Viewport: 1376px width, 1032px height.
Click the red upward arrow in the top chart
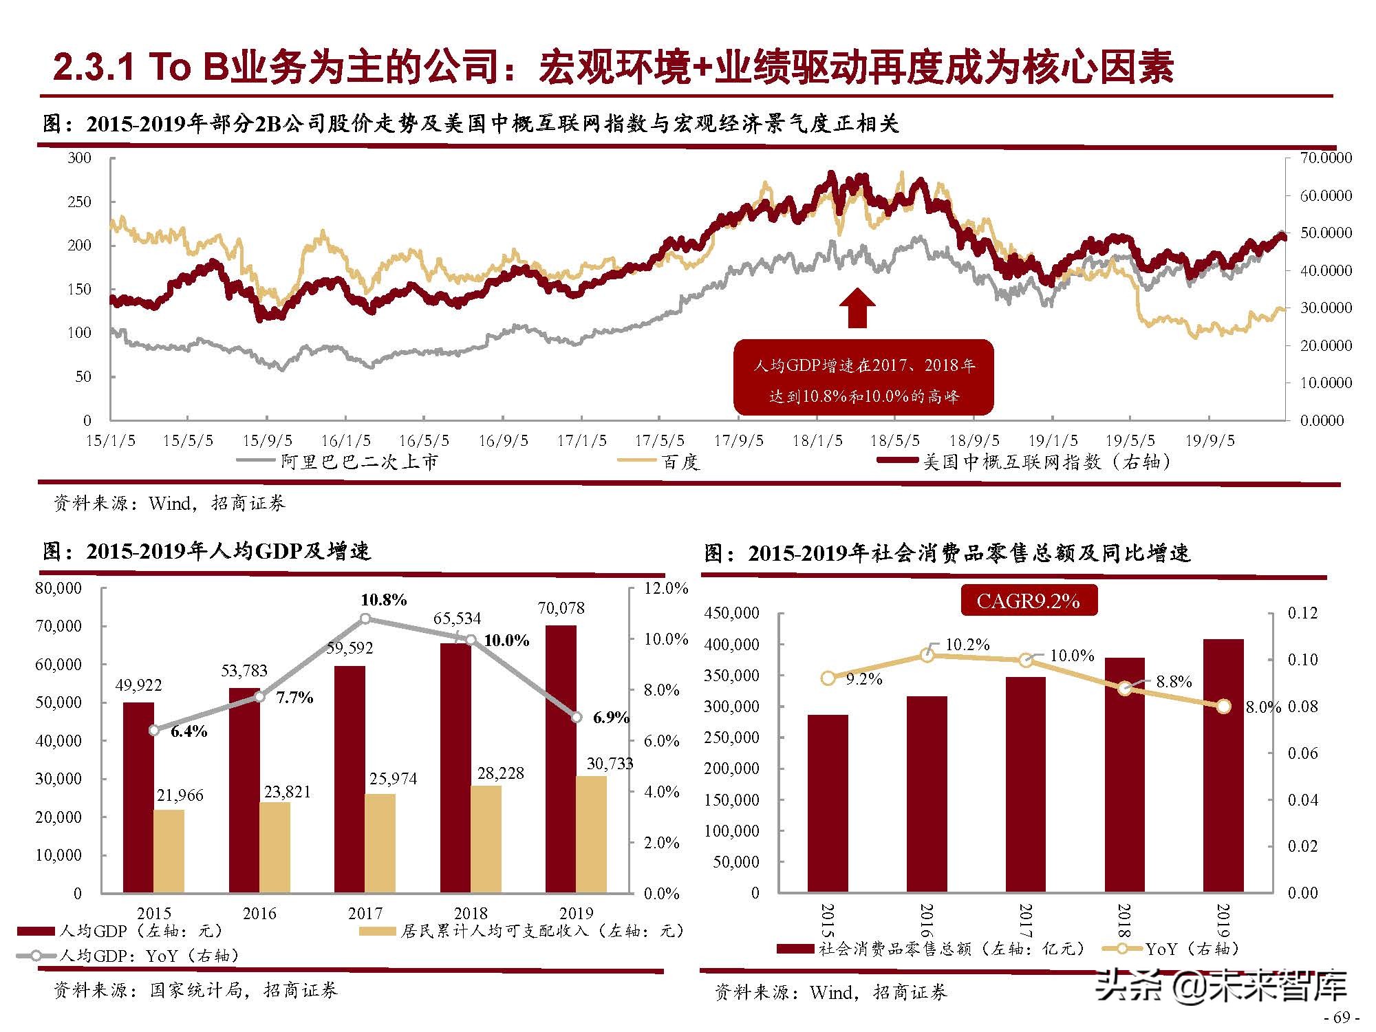[857, 308]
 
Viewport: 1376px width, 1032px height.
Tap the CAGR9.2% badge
[1028, 601]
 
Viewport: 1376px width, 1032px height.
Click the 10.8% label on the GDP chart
[383, 600]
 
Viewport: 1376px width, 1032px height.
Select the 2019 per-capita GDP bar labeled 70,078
[561, 757]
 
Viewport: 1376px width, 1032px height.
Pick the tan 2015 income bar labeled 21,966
[169, 851]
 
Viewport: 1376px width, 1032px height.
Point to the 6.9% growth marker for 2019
[577, 717]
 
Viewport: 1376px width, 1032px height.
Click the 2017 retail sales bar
[1025, 784]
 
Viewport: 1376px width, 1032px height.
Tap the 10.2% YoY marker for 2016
[927, 655]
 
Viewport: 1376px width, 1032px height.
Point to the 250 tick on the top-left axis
[79, 202]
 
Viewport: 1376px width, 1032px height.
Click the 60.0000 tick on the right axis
[1325, 195]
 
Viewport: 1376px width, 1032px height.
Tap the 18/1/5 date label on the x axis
[817, 440]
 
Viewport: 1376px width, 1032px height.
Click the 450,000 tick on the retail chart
[731, 613]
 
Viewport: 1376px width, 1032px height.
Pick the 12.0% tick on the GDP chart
[665, 588]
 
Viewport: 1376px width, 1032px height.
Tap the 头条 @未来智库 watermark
[1221, 985]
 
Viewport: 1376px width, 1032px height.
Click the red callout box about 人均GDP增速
[863, 378]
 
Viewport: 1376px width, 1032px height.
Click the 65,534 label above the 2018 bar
[457, 618]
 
